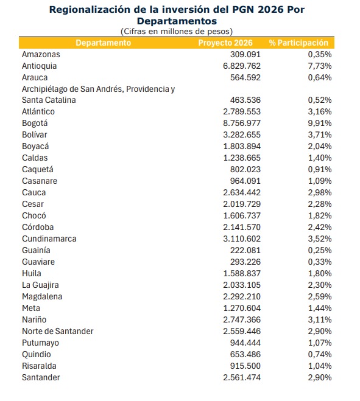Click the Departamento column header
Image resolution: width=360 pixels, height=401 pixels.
coord(103,43)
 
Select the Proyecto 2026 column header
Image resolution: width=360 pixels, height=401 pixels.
coord(226,43)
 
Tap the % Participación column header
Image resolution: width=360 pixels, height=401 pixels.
coord(298,43)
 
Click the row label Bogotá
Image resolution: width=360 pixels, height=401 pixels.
coord(35,123)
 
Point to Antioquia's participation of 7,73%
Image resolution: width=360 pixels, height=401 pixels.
coord(319,66)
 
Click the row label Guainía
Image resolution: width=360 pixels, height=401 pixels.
coord(36,250)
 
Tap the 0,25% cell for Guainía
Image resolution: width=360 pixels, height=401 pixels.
coord(319,250)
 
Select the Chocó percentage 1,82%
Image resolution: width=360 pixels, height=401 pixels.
coord(319,215)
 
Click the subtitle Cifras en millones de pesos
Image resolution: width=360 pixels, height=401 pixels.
coord(177,31)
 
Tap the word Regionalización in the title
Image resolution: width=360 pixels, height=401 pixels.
coord(92,9)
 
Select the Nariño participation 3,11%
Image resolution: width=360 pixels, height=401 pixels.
coord(319,319)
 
